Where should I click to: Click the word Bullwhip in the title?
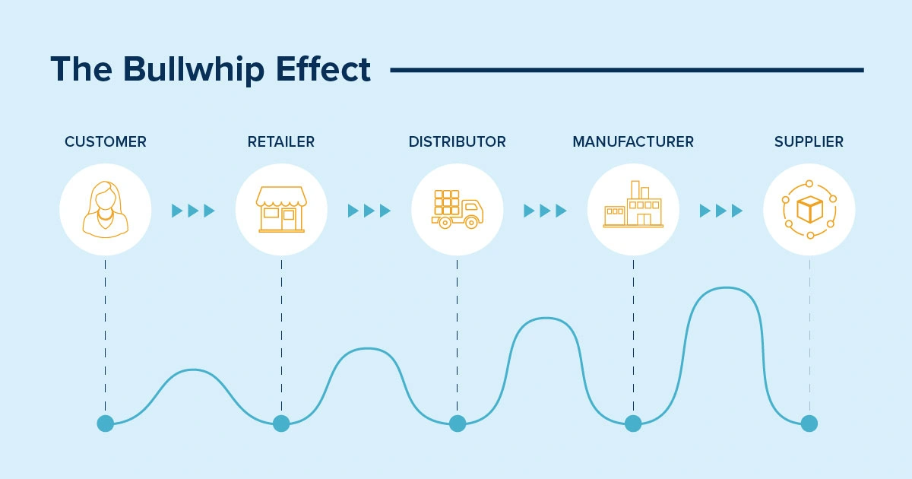point(194,70)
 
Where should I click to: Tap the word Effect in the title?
point(323,69)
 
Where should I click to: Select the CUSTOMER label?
point(106,141)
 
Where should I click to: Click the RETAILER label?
point(281,141)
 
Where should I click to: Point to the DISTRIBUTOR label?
point(458,141)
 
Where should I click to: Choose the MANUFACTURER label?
point(633,141)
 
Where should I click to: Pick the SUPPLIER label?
point(809,141)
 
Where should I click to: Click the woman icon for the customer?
point(106,209)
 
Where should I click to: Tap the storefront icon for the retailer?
point(281,209)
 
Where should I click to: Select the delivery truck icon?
point(458,209)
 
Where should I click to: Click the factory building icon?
point(633,204)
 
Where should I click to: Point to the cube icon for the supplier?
point(809,209)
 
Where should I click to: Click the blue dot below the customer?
point(106,423)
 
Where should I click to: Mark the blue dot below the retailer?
point(281,423)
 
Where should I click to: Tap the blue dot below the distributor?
point(458,423)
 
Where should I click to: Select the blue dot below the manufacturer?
point(633,423)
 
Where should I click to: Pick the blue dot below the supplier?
point(809,423)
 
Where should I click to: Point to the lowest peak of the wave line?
point(193,370)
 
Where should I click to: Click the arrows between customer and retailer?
point(193,211)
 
